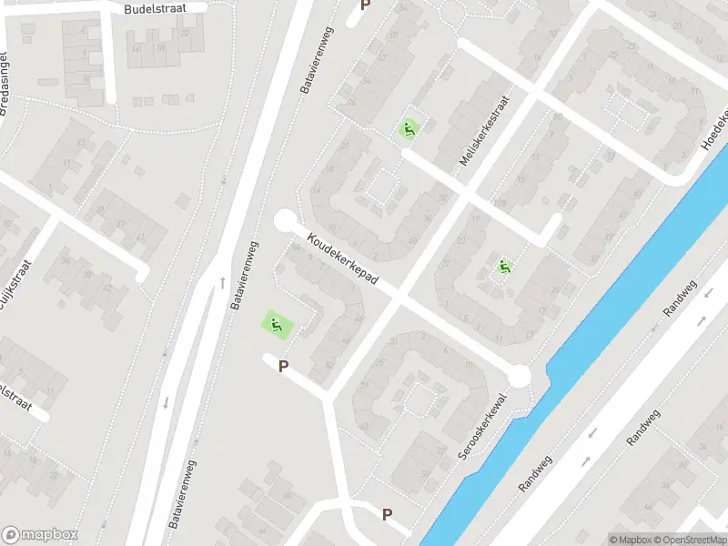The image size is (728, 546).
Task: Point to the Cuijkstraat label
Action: pyautogui.click(x=14, y=282)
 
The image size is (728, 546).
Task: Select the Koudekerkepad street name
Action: pyautogui.click(x=349, y=260)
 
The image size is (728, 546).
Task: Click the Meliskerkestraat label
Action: pyautogui.click(x=483, y=132)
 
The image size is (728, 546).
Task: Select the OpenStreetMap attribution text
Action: pyautogui.click(x=687, y=540)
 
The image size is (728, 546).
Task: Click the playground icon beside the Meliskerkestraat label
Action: pyautogui.click(x=409, y=129)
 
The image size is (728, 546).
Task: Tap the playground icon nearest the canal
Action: pyautogui.click(x=504, y=267)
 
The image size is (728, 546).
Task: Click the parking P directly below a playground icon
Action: pyautogui.click(x=283, y=367)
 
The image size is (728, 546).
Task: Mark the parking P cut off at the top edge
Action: pyautogui.click(x=366, y=5)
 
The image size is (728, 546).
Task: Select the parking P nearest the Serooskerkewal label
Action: pyautogui.click(x=387, y=515)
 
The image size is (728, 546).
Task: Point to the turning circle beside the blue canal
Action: pyautogui.click(x=520, y=376)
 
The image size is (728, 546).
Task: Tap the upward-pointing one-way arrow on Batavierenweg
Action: pyautogui.click(x=221, y=283)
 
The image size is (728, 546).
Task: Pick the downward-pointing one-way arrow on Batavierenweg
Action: pyautogui.click(x=167, y=401)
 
